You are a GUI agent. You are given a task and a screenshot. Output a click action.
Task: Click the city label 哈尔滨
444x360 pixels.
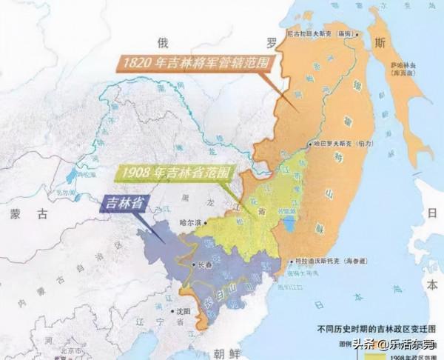pyautogui.click(x=191, y=221)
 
